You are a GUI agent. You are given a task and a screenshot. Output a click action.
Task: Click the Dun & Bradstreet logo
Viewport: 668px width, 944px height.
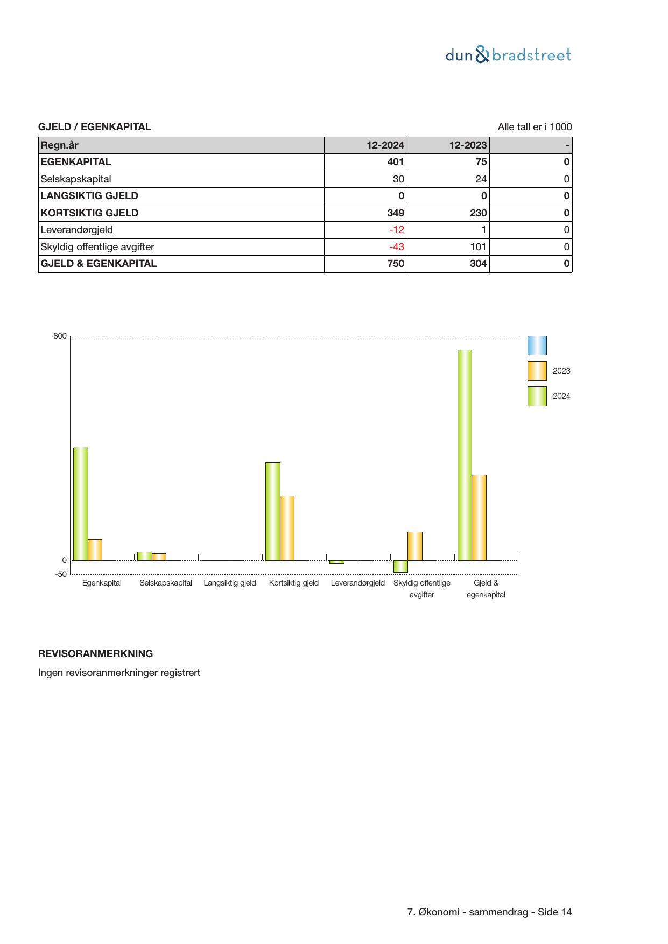coord(508,55)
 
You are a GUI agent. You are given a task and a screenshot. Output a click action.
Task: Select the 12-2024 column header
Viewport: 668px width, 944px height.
coord(385,145)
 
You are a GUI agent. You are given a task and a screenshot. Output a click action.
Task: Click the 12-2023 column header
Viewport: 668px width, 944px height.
coord(468,145)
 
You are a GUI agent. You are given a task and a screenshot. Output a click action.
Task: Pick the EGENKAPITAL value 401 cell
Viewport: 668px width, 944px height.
coord(395,162)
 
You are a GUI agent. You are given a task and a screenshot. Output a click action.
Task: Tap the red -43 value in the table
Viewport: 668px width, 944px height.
coord(396,247)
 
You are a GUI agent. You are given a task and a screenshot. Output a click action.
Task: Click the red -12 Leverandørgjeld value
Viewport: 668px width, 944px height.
coord(396,230)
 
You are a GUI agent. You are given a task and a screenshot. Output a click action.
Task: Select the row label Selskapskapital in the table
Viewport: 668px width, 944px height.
coord(76,179)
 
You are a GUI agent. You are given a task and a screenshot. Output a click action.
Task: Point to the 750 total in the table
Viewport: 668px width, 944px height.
coord(396,264)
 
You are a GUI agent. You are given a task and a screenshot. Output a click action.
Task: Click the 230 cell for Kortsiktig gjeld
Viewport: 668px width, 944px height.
coord(478,213)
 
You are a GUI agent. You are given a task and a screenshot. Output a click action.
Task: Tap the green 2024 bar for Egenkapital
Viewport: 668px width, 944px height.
coord(81,504)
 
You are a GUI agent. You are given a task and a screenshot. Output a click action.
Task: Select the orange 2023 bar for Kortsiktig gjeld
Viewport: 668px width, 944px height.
coord(287,528)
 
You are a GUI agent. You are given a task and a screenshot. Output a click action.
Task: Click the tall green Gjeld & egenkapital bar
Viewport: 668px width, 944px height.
coord(465,455)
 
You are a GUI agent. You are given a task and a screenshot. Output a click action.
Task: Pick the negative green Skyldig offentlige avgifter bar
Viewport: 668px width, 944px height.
coord(400,566)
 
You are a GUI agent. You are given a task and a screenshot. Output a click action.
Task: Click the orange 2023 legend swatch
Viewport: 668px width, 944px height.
coord(537,371)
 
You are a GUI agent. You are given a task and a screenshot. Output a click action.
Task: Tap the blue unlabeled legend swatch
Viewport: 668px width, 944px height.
coord(537,346)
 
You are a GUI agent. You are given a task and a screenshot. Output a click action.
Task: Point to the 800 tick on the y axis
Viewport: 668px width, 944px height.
coord(60,336)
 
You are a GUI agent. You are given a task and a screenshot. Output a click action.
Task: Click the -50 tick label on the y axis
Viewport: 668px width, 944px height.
coord(61,574)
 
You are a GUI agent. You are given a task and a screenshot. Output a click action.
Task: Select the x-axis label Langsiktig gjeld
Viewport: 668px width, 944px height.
coord(230,583)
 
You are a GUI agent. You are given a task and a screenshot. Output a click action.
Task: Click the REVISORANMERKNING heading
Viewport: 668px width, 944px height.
coord(95,654)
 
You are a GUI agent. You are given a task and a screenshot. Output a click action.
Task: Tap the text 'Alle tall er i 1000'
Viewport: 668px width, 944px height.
coord(535,127)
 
